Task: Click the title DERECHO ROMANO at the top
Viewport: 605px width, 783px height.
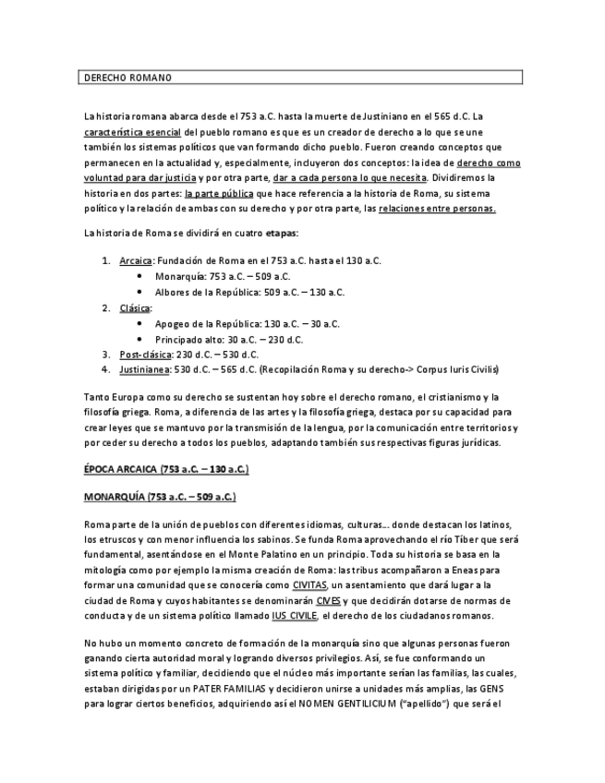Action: [x=128, y=78]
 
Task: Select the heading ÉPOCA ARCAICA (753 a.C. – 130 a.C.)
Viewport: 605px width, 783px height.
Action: [x=165, y=469]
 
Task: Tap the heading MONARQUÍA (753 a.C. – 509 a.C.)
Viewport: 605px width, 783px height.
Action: [x=159, y=497]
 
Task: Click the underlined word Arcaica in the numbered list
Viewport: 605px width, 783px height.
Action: [x=136, y=261]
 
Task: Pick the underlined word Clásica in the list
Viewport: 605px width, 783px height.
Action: [x=135, y=307]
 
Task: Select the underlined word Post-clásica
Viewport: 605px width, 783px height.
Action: [x=142, y=354]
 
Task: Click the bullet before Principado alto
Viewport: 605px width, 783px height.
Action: [x=139, y=339]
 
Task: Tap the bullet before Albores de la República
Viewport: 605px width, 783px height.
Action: [x=139, y=292]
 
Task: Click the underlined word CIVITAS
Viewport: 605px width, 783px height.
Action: [x=309, y=585]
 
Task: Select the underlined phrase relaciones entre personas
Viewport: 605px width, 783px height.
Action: [x=437, y=209]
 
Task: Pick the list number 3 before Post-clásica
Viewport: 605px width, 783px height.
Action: [x=105, y=354]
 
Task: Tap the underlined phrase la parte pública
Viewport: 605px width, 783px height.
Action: [x=219, y=194]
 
